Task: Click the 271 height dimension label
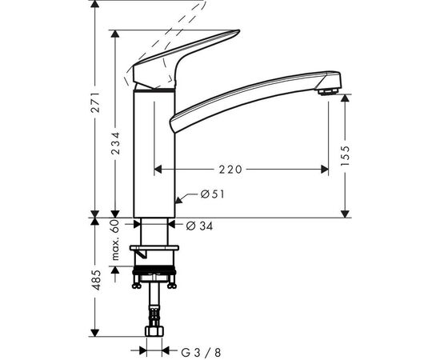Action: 96,102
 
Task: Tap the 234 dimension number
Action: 115,143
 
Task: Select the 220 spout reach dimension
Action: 230,170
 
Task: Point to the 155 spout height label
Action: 346,155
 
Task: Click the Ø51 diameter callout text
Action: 213,194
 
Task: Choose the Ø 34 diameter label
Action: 199,226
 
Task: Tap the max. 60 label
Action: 115,240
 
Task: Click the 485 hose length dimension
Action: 96,280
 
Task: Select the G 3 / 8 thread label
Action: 201,353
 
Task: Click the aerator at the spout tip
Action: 328,92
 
